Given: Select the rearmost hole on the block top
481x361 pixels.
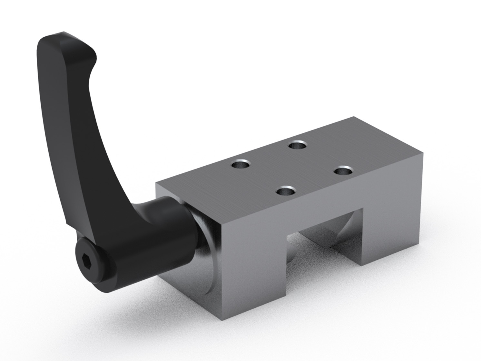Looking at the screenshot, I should pyautogui.click(x=297, y=145).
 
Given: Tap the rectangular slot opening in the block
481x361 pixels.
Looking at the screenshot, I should pyautogui.click(x=322, y=245).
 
